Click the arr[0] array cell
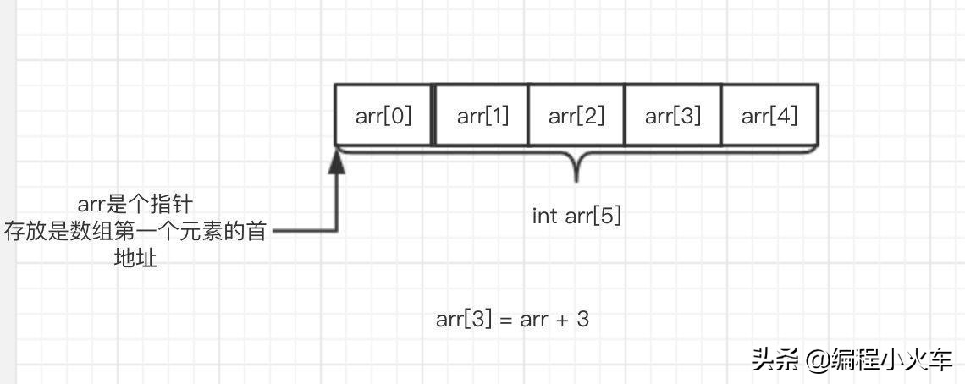tap(383, 115)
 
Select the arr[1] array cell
tap(482, 115)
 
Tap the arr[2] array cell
tap(576, 115)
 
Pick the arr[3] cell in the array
tap(673, 115)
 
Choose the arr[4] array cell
tap(769, 115)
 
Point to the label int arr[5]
tap(576, 215)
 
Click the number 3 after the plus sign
tap(582, 320)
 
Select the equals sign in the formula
tap(505, 321)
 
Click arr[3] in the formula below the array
tap(464, 320)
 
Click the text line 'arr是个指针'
tap(135, 205)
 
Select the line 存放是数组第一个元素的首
tap(135, 231)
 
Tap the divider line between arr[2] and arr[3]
tap(625, 115)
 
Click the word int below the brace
tap(543, 215)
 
